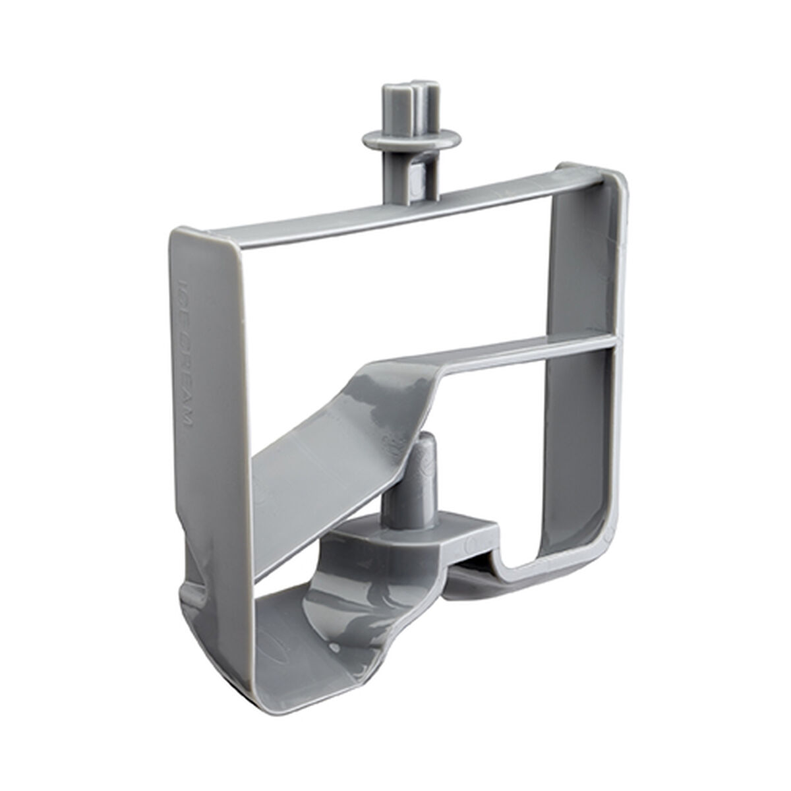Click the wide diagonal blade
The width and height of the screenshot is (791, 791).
(x=343, y=428)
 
